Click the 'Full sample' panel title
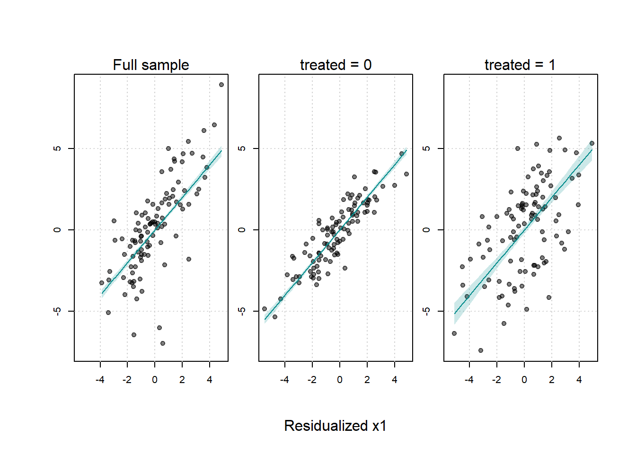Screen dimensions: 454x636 tap(151, 65)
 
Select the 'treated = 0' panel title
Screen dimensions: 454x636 tap(336, 65)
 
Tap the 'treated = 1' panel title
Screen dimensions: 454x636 tap(520, 65)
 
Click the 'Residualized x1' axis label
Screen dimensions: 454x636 tap(335, 426)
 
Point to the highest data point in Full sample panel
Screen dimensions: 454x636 tap(221, 85)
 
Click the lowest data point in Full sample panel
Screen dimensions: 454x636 tap(163, 343)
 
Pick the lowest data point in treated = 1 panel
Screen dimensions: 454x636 tap(481, 350)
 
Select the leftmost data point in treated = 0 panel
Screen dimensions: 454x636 tap(265, 309)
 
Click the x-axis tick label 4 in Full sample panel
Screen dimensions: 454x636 tap(210, 380)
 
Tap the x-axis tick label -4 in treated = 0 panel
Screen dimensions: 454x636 tap(284, 380)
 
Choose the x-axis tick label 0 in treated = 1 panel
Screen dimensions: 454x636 tap(524, 380)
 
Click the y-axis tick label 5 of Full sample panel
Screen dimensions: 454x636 tap(58, 148)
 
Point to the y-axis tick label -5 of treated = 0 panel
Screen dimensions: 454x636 tap(242, 311)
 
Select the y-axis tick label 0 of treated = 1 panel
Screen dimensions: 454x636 tap(427, 230)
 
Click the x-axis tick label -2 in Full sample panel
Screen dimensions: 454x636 tap(127, 380)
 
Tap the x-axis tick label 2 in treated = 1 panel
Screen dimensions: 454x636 tap(552, 380)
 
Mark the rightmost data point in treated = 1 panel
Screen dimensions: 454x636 tap(592, 143)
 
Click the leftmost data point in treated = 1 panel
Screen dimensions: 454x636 tap(454, 333)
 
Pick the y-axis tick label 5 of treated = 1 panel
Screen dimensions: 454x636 tap(427, 148)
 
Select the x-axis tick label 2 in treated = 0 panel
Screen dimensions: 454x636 tap(367, 380)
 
